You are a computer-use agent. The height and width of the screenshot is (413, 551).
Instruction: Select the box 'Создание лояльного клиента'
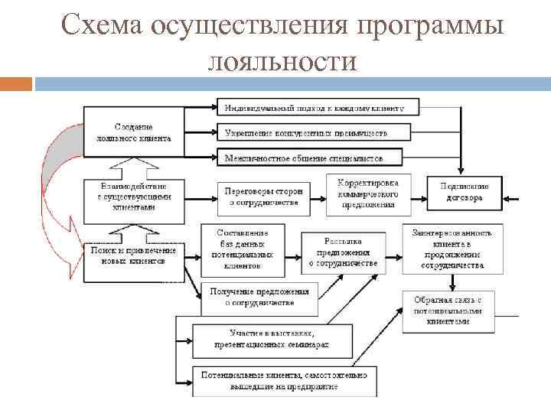click(x=134, y=132)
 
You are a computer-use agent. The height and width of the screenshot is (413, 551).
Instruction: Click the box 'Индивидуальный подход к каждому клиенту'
click(x=314, y=108)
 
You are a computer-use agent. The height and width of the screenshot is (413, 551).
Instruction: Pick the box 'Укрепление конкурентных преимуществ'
click(x=306, y=132)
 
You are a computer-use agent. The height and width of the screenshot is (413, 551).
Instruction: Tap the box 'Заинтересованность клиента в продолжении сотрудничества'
click(x=452, y=249)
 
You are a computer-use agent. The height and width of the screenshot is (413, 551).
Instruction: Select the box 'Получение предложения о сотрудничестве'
click(x=259, y=297)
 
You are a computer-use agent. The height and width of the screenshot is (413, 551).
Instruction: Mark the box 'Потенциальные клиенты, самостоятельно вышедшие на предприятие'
click(x=283, y=380)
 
